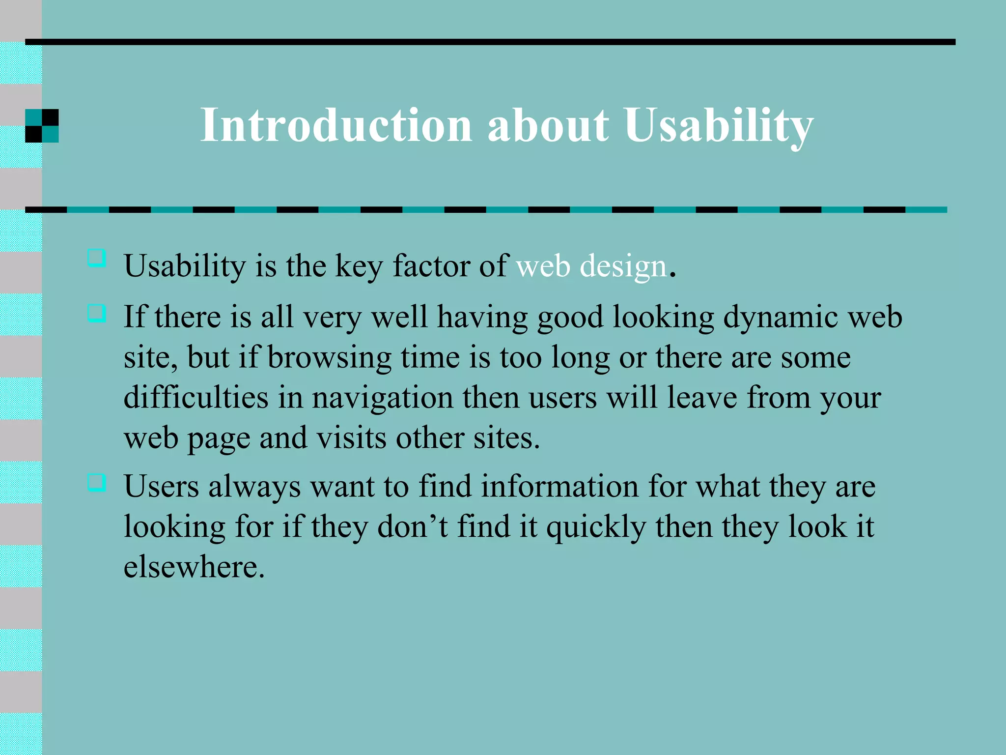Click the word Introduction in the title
(x=336, y=125)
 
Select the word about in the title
(x=548, y=125)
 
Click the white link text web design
(x=591, y=266)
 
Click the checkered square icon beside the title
(x=42, y=126)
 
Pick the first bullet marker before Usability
(x=97, y=258)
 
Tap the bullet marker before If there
(x=97, y=313)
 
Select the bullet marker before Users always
(x=97, y=482)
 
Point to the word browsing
(x=329, y=357)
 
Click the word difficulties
(x=196, y=397)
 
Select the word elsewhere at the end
(x=194, y=567)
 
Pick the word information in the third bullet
(x=559, y=487)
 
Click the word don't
(x=413, y=526)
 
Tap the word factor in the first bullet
(x=431, y=266)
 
